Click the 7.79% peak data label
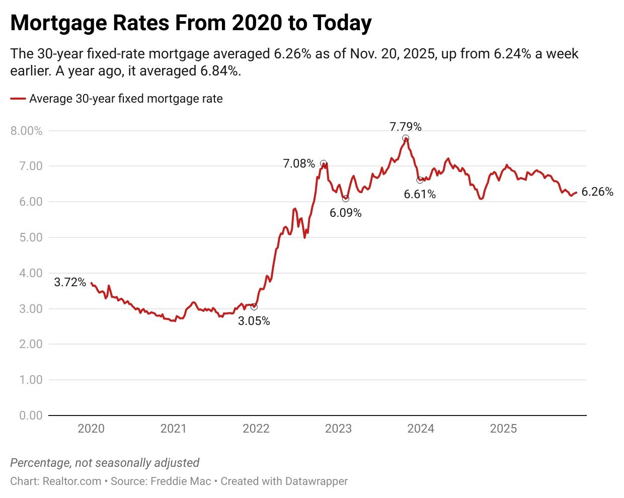pyautogui.click(x=405, y=127)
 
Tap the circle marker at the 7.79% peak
pyautogui.click(x=406, y=138)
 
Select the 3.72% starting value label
pyautogui.click(x=70, y=282)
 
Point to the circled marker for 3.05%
pyautogui.click(x=254, y=307)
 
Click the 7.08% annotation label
pyautogui.click(x=298, y=163)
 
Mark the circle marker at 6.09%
pyautogui.click(x=345, y=199)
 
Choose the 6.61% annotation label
pyautogui.click(x=420, y=194)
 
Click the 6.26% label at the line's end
pyautogui.click(x=597, y=192)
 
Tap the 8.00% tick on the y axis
pyautogui.click(x=26, y=131)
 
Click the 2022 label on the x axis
pyautogui.click(x=256, y=429)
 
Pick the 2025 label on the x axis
pyautogui.click(x=503, y=429)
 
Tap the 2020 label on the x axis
pyautogui.click(x=91, y=429)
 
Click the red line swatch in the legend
pyautogui.click(x=18, y=99)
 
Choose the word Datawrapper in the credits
pyautogui.click(x=316, y=481)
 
